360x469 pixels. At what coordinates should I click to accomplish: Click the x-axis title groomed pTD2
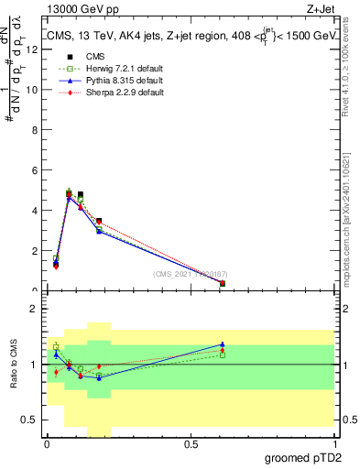(303, 457)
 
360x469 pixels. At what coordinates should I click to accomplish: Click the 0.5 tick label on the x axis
(191, 444)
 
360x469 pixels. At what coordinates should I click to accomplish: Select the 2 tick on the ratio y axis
(36, 309)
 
